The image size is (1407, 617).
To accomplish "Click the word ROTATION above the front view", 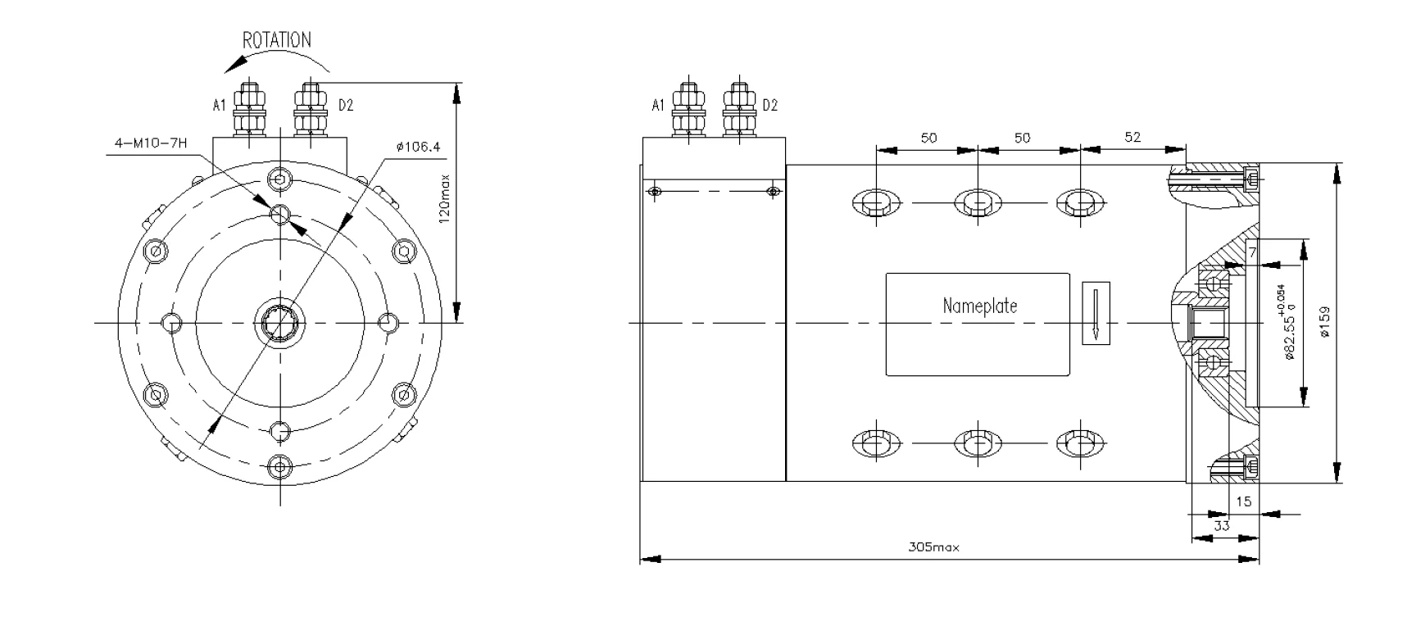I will coord(277,40).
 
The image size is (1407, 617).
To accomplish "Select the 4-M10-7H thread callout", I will coord(151,143).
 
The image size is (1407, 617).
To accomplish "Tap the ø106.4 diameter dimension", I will coord(417,147).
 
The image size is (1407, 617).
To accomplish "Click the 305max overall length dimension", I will coord(933,547).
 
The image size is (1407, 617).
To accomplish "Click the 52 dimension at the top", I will coord(1132,138).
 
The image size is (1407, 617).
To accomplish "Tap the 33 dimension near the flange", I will coord(1221,526).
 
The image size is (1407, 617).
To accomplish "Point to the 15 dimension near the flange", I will coord(1243,501).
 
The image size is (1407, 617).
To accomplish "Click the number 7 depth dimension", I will coord(1253,252).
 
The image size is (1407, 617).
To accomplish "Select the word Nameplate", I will coord(979,306).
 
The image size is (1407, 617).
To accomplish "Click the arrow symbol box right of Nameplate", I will coord(1096,313).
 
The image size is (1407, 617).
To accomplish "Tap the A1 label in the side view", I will coord(657,105).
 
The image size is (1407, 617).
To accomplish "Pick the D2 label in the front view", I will coord(346,105).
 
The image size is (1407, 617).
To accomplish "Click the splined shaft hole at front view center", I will coord(279,323).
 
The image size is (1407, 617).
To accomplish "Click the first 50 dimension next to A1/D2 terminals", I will coord(928,138).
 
